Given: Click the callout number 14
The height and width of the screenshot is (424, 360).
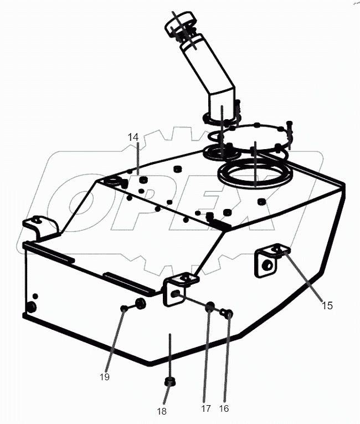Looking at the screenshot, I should (x=133, y=137).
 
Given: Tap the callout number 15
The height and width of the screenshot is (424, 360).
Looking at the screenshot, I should (x=327, y=304).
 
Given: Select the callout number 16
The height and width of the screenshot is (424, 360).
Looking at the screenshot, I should (x=224, y=408).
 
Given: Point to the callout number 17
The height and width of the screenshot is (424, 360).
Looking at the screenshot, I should (x=205, y=408).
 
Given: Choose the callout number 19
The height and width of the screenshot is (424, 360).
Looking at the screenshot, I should (x=105, y=376).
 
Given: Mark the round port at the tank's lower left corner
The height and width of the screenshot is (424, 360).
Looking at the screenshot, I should (x=30, y=306).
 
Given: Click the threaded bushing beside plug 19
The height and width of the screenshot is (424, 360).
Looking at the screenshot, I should (x=140, y=303).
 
